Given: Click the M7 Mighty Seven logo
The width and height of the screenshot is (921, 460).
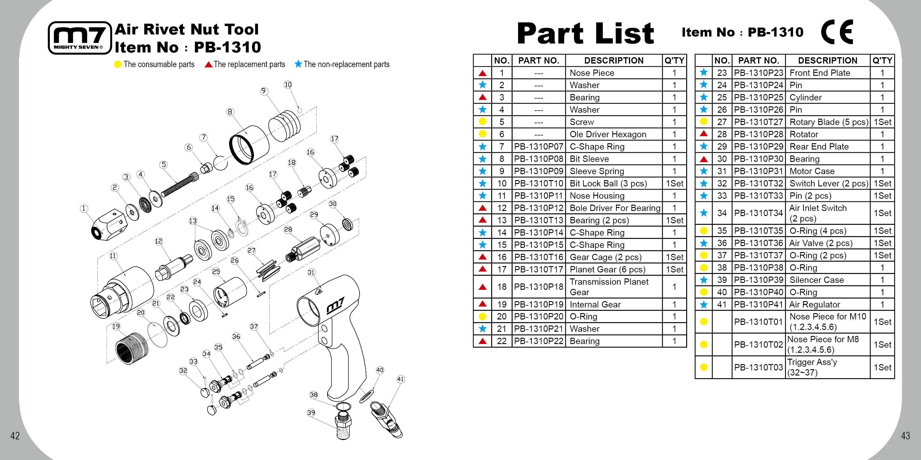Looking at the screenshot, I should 79,37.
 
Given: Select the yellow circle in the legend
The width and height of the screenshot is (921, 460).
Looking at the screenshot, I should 118,64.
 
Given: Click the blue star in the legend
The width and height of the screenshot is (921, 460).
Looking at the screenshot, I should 298,64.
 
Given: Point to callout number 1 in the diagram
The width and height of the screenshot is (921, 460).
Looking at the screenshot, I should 84,209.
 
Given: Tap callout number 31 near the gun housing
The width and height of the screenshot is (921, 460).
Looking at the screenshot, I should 311,272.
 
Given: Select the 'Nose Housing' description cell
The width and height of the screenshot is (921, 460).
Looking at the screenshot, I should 614,196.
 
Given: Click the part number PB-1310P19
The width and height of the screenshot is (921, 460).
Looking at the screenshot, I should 538,304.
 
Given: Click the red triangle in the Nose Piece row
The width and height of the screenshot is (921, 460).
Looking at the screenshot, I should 482,73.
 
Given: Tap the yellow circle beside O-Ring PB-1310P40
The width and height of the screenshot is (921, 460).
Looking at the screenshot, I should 703,292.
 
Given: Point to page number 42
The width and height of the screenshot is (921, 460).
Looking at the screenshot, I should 15,436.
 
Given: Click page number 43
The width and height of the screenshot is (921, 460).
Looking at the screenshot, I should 905,436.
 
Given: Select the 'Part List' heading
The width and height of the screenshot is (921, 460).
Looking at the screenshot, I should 585,33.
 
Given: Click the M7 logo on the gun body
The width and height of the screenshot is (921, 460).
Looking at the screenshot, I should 335,306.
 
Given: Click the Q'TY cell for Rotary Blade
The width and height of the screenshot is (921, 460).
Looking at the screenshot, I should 882,122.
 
